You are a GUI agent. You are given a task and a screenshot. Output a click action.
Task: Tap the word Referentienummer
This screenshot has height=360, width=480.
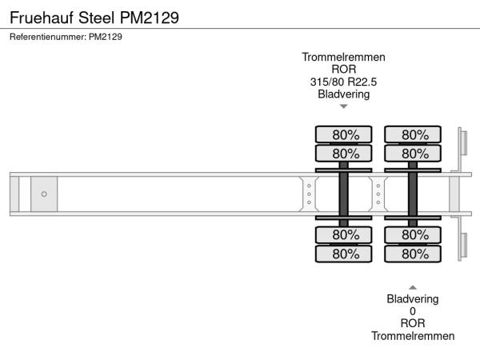[47, 37]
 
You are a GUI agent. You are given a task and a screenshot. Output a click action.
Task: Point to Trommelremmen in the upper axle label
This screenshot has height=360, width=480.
[343, 58]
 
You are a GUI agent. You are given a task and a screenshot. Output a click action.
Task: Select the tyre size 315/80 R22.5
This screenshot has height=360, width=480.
[343, 82]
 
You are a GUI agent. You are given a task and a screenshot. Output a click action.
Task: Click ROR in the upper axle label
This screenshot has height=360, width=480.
[343, 70]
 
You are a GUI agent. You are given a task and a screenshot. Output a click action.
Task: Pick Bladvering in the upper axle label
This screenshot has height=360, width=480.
[343, 94]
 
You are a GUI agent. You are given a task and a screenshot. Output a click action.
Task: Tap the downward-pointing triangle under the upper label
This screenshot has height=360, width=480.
[343, 106]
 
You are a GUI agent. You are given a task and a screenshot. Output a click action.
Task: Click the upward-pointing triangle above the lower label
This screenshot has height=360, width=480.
[413, 287]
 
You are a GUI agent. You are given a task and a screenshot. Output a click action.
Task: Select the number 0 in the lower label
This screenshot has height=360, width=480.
[413, 311]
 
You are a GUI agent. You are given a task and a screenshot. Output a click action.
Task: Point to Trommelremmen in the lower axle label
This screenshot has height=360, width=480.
[413, 336]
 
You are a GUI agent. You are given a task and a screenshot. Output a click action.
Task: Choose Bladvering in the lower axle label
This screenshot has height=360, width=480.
[413, 299]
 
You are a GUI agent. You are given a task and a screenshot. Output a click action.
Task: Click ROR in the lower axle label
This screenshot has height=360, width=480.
[413, 324]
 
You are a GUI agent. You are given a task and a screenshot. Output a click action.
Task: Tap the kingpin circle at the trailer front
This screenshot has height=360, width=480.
[44, 194]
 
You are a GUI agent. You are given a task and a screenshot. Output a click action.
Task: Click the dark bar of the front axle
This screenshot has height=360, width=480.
[343, 194]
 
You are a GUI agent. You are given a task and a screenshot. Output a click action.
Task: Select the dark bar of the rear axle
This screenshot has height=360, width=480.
[413, 194]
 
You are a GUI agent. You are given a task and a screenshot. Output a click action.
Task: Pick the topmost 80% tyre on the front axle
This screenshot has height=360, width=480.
[343, 135]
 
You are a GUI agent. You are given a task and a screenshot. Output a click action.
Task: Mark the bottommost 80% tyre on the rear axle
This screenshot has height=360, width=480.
[413, 254]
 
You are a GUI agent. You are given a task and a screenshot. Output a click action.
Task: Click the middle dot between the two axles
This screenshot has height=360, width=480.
[378, 194]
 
